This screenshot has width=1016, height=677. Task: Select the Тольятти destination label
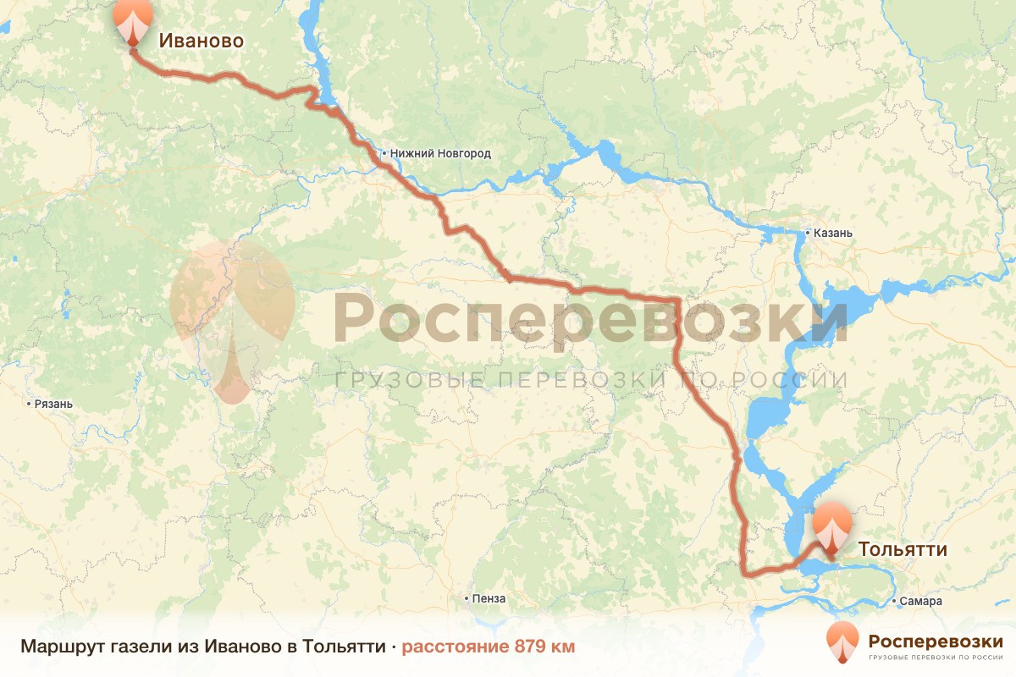(x=903, y=549)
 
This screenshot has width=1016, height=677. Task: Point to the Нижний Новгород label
(x=439, y=154)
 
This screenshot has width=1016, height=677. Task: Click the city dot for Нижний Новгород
(x=384, y=154)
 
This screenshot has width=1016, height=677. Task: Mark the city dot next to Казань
(x=808, y=233)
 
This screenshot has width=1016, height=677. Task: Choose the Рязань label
(x=54, y=404)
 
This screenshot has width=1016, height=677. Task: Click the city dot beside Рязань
(x=30, y=404)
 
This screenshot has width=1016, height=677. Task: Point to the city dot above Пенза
(x=467, y=598)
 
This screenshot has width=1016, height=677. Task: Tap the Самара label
(x=922, y=602)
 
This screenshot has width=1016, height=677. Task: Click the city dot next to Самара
(x=896, y=602)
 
